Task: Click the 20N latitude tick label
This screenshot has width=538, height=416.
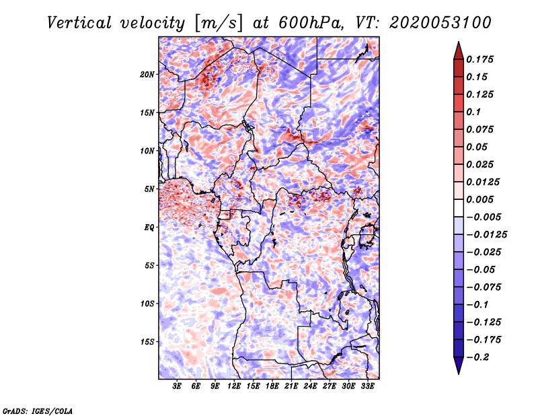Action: click(x=147, y=75)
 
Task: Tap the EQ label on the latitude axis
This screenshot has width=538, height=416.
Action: click(x=149, y=228)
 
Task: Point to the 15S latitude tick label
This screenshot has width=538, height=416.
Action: click(x=147, y=342)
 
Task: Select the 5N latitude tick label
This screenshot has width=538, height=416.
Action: click(x=149, y=189)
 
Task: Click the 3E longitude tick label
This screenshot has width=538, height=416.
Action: click(x=177, y=386)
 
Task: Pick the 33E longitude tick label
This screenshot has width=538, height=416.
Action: click(x=367, y=386)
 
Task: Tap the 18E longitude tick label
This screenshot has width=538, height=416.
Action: click(x=272, y=386)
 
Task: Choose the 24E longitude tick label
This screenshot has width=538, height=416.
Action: click(x=310, y=386)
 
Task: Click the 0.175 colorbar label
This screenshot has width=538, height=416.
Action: click(x=479, y=59)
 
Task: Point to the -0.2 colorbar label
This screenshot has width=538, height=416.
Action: click(x=477, y=357)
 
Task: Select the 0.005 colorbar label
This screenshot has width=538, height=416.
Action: click(x=479, y=199)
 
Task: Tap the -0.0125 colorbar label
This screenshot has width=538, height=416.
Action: click(x=486, y=235)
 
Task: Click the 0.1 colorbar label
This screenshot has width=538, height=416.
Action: click(x=473, y=112)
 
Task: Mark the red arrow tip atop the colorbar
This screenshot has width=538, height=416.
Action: click(x=459, y=42)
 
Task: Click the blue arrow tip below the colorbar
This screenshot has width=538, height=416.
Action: click(x=459, y=374)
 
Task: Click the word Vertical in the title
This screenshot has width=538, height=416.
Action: click(x=79, y=23)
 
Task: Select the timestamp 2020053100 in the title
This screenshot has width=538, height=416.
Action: click(x=440, y=23)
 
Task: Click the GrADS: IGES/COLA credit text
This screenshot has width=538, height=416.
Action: click(x=38, y=411)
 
